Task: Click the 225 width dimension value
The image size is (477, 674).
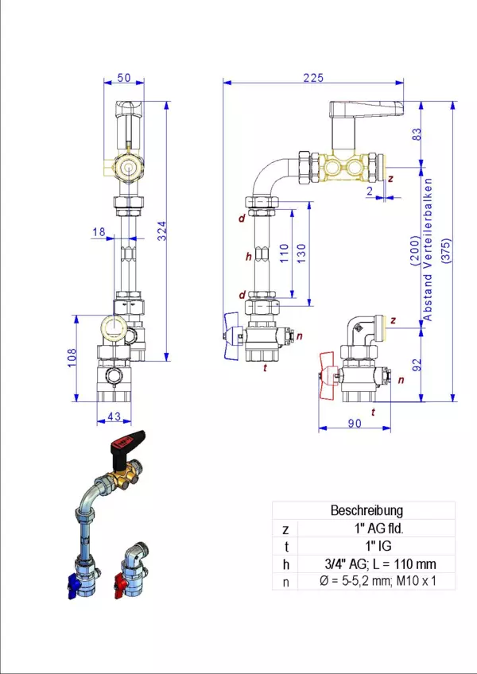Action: pyautogui.click(x=312, y=78)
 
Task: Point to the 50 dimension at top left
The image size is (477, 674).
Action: pyautogui.click(x=124, y=78)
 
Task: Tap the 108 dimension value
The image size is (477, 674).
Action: pyautogui.click(x=72, y=358)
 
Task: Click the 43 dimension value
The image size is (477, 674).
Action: pyautogui.click(x=114, y=415)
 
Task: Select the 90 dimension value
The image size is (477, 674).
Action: pyautogui.click(x=354, y=423)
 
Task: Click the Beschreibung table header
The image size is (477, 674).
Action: pyautogui.click(x=366, y=510)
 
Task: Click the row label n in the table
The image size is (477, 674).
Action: pyautogui.click(x=285, y=581)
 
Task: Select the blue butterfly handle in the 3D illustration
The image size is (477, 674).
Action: pyautogui.click(x=71, y=587)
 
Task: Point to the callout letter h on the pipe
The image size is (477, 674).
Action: pyautogui.click(x=249, y=257)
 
